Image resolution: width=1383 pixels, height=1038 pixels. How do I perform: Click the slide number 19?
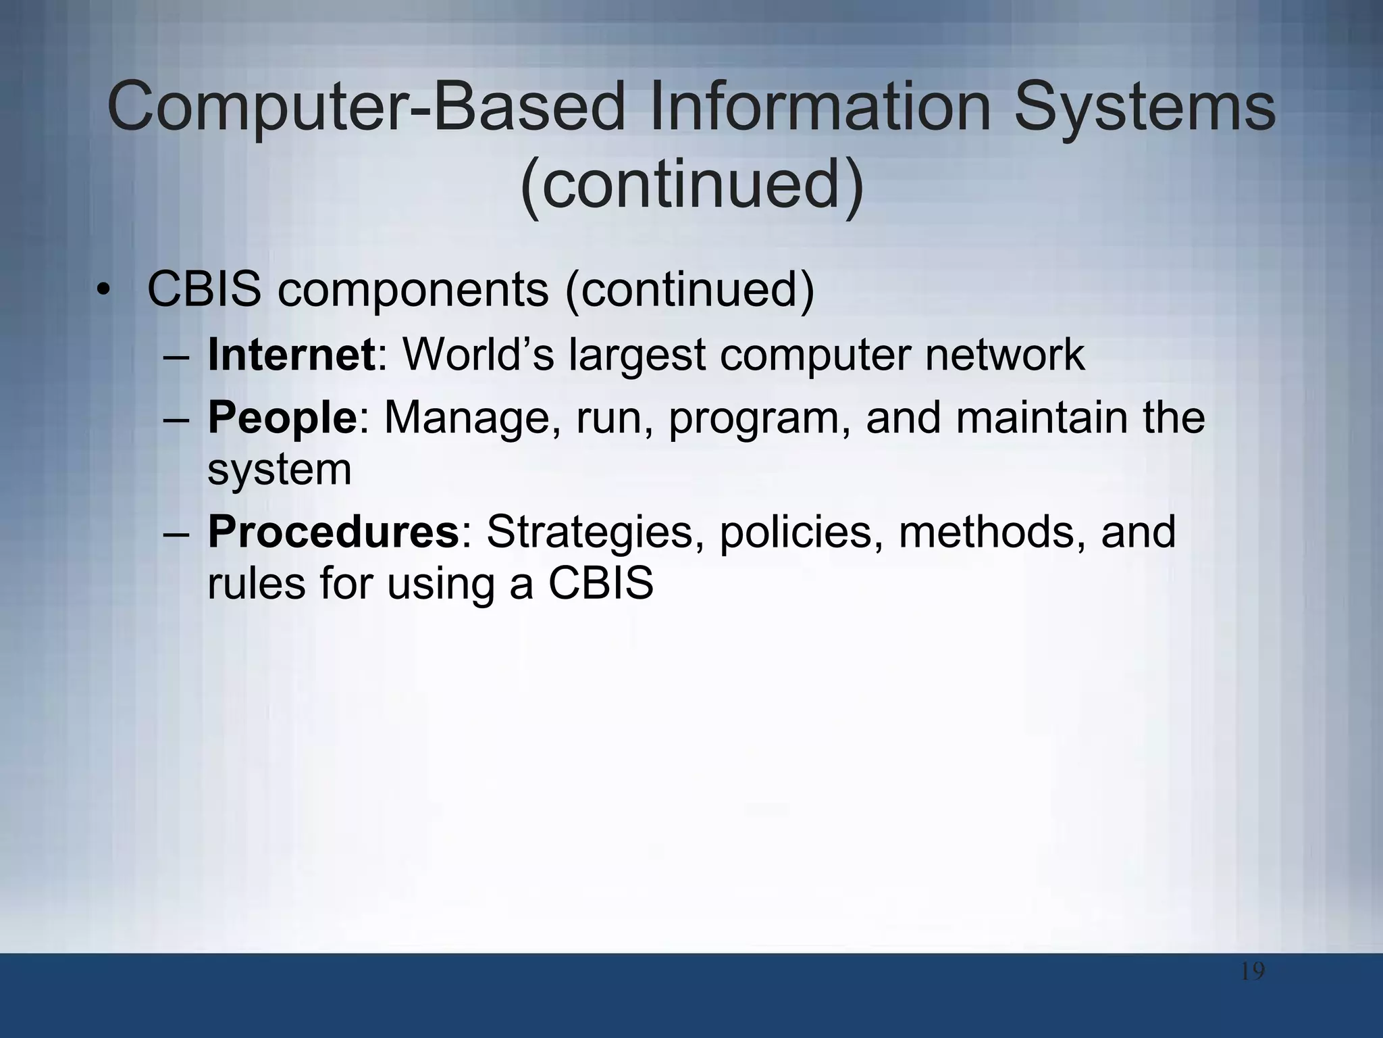(1252, 972)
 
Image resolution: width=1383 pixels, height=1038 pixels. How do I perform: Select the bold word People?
(282, 417)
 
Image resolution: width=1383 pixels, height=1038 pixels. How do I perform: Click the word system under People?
(279, 469)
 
